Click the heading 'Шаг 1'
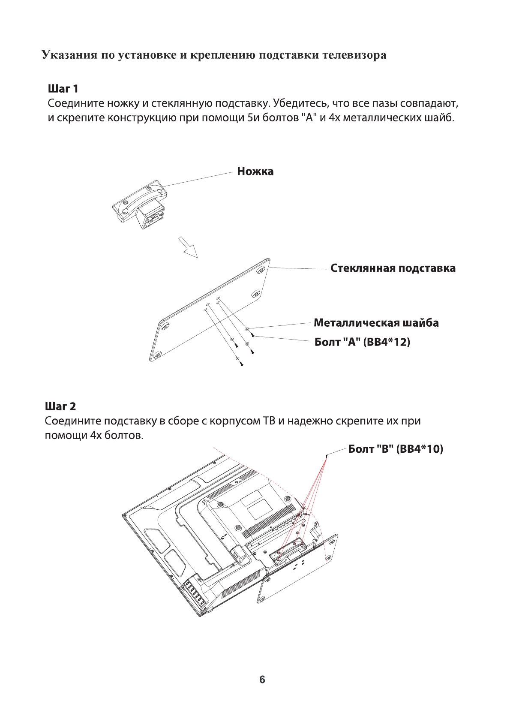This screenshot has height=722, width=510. [x=63, y=89]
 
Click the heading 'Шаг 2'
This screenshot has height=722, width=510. [x=60, y=406]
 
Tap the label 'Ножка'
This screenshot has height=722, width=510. [x=255, y=171]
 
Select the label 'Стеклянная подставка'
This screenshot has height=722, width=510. [x=393, y=268]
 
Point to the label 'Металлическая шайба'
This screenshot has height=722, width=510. [x=376, y=323]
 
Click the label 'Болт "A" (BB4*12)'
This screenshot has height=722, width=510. [x=362, y=342]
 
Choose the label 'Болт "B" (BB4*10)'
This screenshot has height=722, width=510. [x=395, y=449]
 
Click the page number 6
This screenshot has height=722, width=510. [x=262, y=680]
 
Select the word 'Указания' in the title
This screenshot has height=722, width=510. [x=69, y=55]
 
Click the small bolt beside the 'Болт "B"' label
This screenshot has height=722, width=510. [x=327, y=456]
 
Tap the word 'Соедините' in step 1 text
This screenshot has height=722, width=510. [x=76, y=103]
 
